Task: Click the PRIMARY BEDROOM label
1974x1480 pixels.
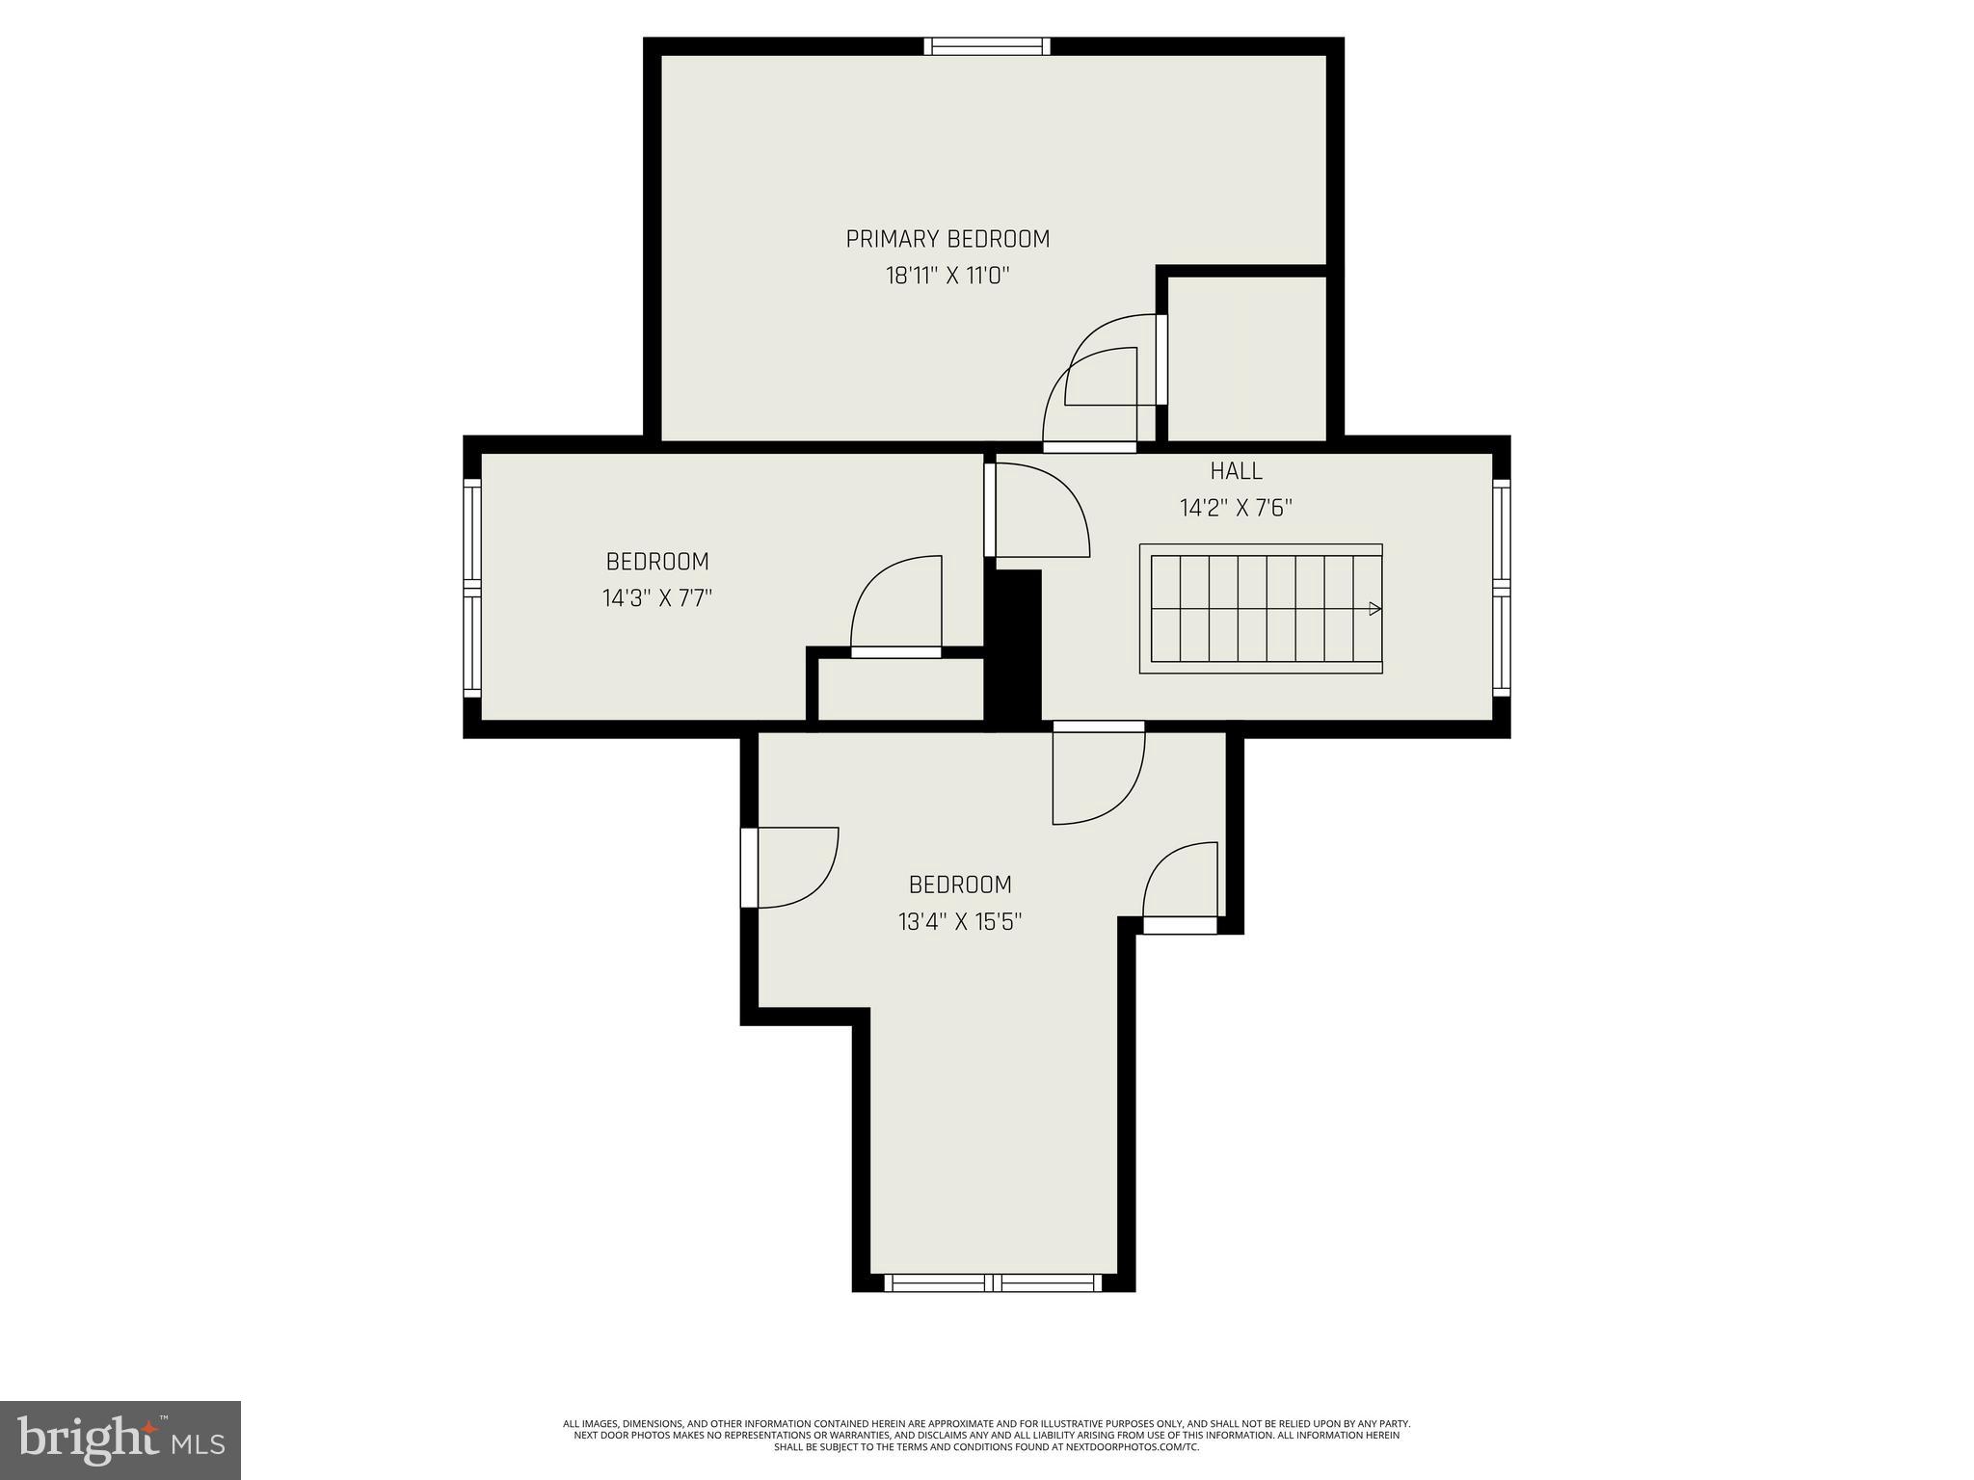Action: [x=947, y=239]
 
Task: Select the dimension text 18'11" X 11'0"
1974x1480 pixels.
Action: [x=947, y=277]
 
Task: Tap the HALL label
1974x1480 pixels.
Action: [x=1236, y=471]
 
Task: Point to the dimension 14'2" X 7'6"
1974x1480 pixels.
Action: [x=1236, y=508]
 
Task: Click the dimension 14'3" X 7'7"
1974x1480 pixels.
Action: [x=657, y=598]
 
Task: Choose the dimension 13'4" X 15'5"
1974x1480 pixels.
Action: [x=960, y=922]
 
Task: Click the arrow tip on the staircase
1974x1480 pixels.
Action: [x=1375, y=609]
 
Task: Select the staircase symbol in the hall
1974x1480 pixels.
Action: [x=1261, y=609]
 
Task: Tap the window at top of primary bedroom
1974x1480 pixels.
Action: [x=987, y=46]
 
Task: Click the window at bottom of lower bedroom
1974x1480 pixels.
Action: [x=993, y=1282]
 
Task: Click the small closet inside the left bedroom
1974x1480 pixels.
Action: [x=900, y=689]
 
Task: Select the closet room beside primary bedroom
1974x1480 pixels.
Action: [x=1247, y=357]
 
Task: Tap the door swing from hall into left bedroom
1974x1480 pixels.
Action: [x=1039, y=511]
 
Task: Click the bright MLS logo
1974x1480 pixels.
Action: [x=120, y=1440]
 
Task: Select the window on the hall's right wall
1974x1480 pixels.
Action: [x=1501, y=588]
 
